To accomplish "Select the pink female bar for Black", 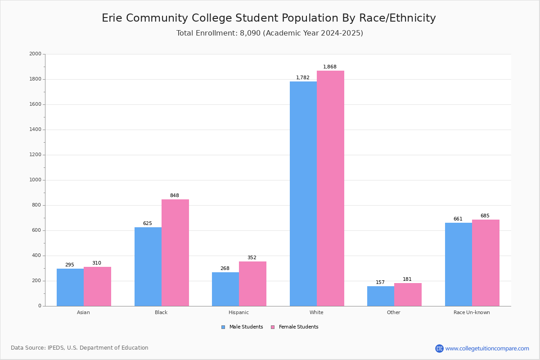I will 175,252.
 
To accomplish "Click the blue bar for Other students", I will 381,296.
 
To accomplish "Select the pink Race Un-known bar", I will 486,263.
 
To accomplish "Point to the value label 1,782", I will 302,78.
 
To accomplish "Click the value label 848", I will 175,196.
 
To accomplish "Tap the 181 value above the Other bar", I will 407,279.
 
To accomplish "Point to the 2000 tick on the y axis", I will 35,54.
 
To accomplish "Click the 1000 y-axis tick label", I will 35,180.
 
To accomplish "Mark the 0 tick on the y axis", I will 40,306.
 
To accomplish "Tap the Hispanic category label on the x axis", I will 238,312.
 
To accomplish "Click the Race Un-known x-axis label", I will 472,312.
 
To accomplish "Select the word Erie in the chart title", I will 112,18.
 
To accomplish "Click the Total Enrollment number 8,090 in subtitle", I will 250,33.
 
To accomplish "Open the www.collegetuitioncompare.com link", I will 487,348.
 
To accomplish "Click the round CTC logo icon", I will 439,348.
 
